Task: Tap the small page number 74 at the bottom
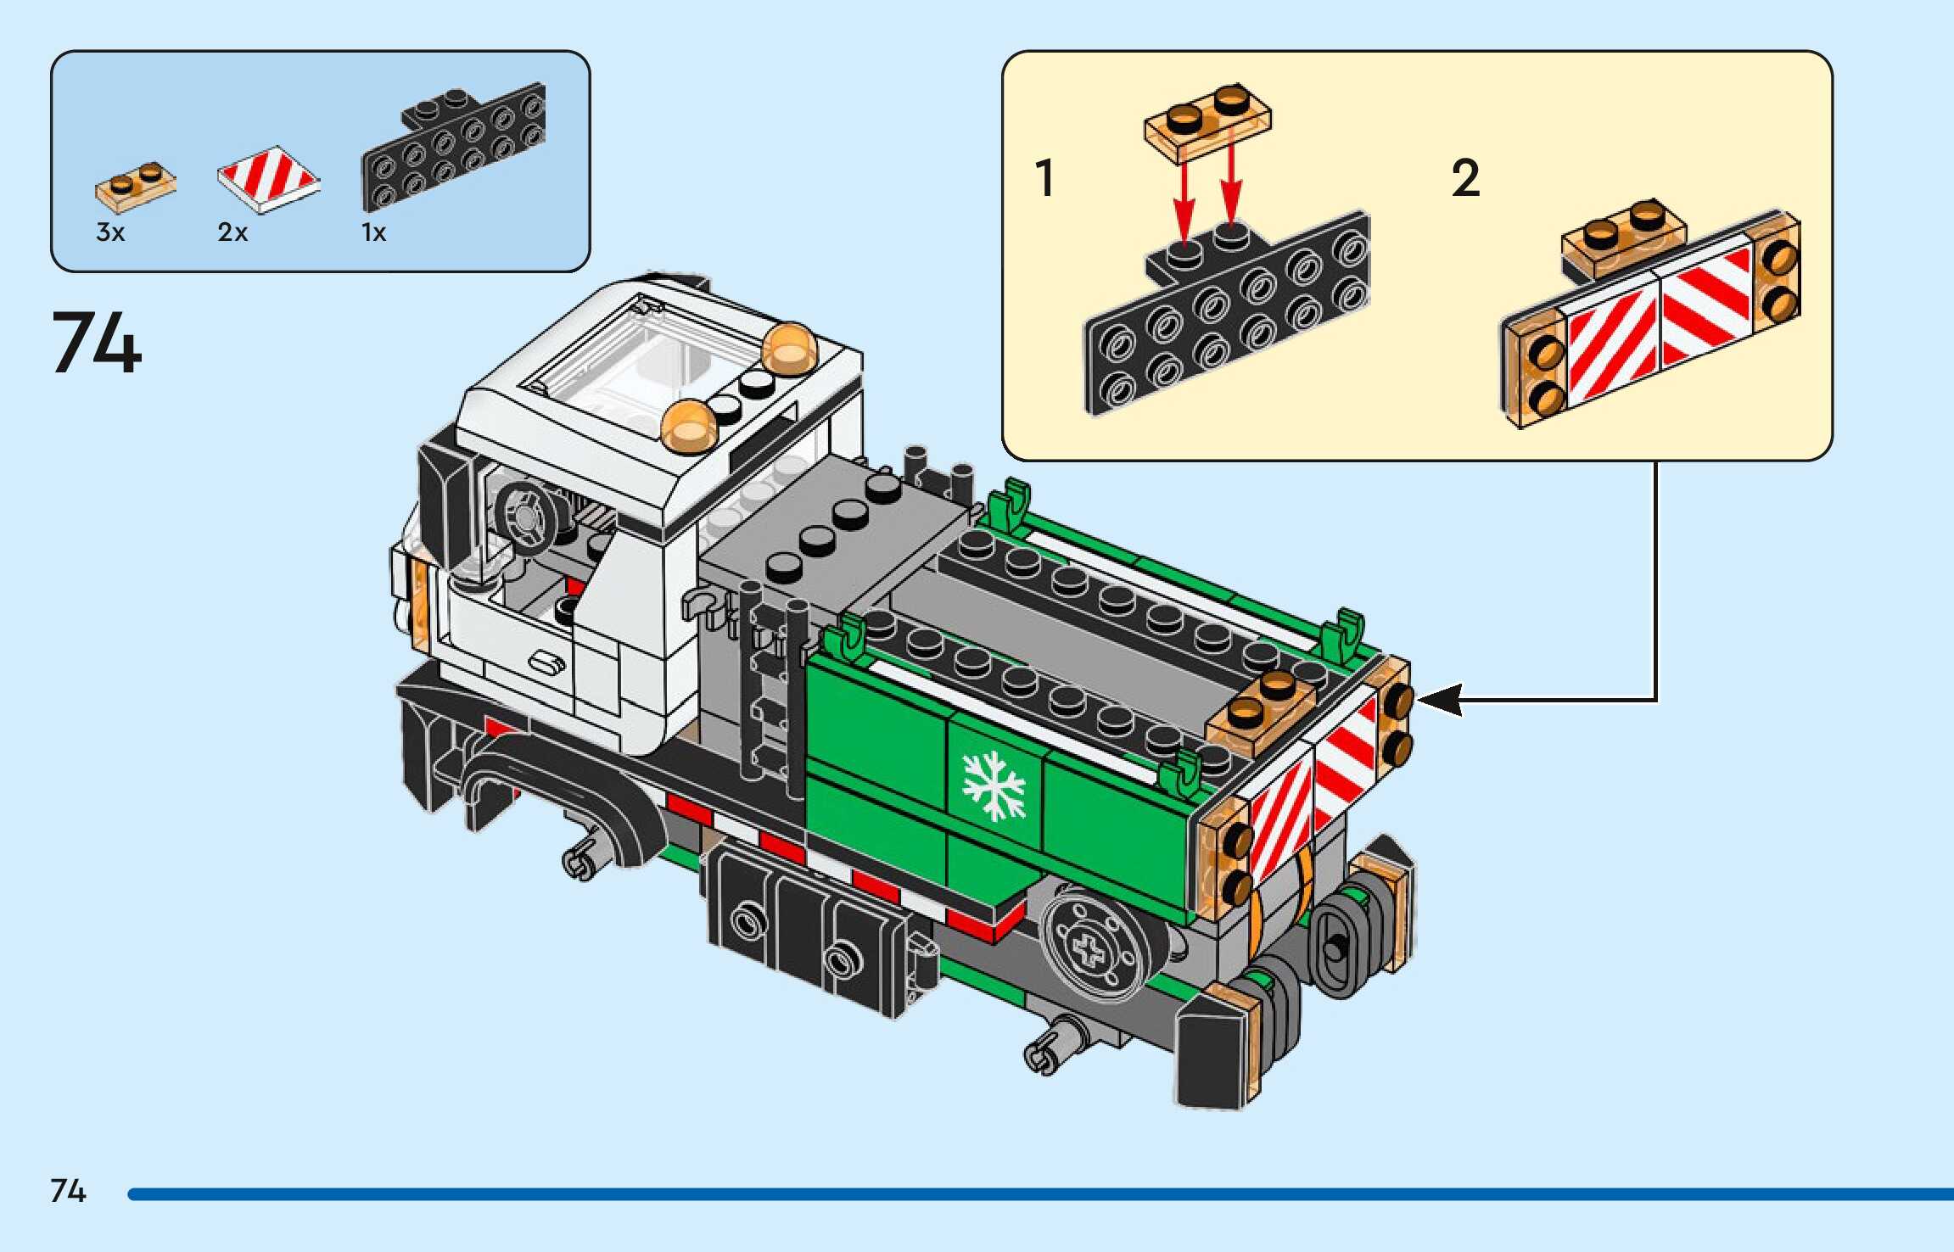point(68,1191)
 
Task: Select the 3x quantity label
point(110,232)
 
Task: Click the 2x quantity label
point(232,232)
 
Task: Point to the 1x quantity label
point(373,232)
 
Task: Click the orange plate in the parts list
point(136,186)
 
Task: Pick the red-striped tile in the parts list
point(268,179)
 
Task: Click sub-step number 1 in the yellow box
point(1044,178)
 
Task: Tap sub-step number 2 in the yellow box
point(1465,178)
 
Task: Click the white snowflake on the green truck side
point(993,785)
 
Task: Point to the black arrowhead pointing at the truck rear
point(1440,700)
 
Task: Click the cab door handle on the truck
point(547,662)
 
